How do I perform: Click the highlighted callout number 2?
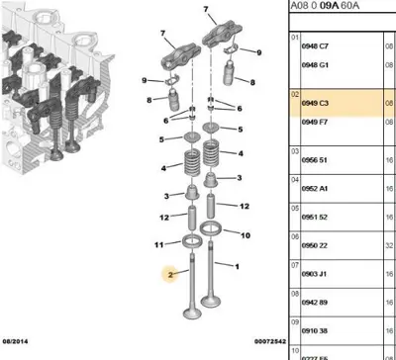tap(171, 278)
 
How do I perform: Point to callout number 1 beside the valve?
tap(239, 266)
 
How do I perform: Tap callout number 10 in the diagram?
tap(247, 235)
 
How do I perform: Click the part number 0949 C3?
tap(316, 101)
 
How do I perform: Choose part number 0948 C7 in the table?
tap(316, 45)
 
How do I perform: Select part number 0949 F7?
tap(316, 121)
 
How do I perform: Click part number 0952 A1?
tap(316, 189)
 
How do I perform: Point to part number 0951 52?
tap(316, 217)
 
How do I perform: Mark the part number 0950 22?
tap(316, 244)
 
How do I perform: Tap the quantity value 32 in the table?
tap(387, 244)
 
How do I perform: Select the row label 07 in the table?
tap(294, 266)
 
